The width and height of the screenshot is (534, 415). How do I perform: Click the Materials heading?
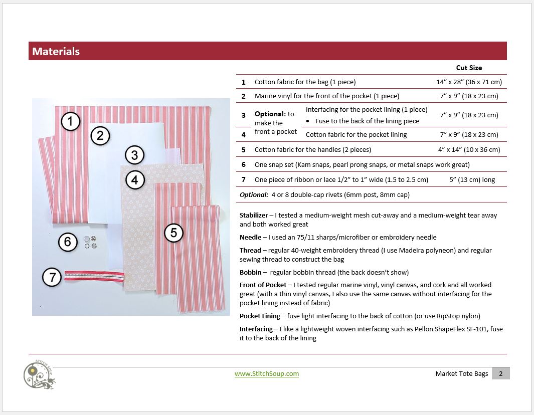56,51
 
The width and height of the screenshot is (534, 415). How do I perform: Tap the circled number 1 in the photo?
71,121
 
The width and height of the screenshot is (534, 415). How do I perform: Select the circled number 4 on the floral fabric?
135,179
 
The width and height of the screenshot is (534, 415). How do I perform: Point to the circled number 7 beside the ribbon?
52,277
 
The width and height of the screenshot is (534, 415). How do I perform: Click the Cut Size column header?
469,68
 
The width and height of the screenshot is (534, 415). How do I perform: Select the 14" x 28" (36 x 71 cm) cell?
469,82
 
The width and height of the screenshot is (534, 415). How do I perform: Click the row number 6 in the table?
244,164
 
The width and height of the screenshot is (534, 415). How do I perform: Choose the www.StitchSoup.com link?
267,373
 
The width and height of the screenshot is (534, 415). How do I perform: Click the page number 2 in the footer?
500,373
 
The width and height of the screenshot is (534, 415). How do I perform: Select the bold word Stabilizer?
254,215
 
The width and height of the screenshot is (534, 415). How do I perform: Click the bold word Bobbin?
250,272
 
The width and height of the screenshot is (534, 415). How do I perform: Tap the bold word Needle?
250,237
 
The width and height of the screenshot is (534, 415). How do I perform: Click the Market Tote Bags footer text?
461,373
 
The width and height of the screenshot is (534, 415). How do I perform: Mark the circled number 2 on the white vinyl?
100,135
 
